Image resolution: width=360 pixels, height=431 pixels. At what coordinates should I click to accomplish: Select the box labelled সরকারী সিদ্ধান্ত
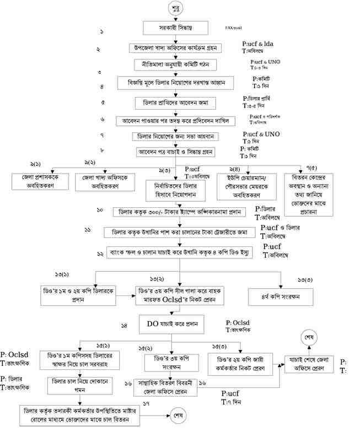coord(176,28)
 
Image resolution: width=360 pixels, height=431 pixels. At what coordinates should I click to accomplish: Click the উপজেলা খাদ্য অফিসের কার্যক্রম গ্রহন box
coord(177,48)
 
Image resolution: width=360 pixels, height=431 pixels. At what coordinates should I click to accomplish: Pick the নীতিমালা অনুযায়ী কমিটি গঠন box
coord(177,64)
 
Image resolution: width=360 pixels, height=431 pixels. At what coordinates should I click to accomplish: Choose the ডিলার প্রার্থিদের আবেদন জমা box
coord(176,103)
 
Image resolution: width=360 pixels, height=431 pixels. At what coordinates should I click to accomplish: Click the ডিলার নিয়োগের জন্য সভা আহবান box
coord(176,136)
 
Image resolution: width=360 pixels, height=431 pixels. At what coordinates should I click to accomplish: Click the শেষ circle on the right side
coord(309,336)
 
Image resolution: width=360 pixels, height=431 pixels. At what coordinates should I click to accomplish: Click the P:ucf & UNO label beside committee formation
coord(265,61)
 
